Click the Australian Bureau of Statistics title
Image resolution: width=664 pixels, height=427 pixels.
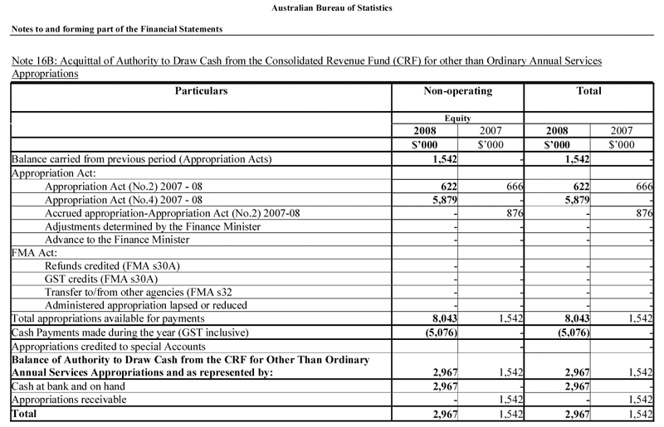pyautogui.click(x=332, y=8)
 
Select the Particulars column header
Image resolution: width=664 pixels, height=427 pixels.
pyautogui.click(x=201, y=90)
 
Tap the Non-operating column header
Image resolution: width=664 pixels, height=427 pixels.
pyautogui.click(x=457, y=90)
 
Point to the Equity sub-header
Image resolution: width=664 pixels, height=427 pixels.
pyautogui.click(x=457, y=119)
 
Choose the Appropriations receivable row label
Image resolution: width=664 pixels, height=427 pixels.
pyautogui.click(x=69, y=399)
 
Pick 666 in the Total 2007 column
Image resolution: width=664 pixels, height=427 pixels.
pyautogui.click(x=642, y=187)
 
